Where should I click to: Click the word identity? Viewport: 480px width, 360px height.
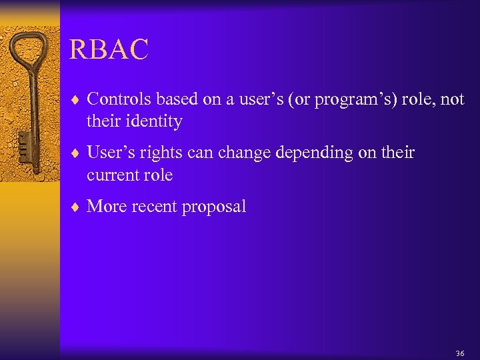coord(153,121)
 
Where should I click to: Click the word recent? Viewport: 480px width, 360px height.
coord(155,207)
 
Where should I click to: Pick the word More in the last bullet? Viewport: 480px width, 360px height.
coord(107,207)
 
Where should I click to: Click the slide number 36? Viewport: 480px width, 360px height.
coord(460,353)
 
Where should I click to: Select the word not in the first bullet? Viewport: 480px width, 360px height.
coord(453,99)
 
